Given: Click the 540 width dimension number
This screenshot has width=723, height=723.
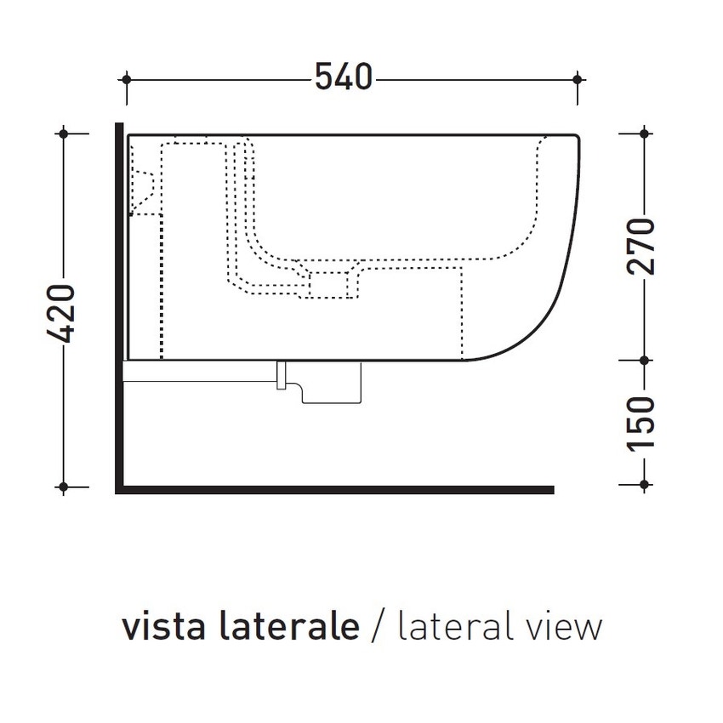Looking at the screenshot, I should tap(344, 78).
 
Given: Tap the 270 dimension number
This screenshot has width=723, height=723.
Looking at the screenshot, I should tap(644, 247).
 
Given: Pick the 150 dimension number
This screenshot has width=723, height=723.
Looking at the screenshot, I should tap(644, 424).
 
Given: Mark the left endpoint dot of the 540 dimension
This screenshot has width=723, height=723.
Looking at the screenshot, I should tap(126, 79).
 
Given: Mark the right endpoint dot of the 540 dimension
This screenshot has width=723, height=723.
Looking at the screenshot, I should tap(578, 79).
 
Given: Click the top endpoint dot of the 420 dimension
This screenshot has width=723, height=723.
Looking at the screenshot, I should tap(62, 134).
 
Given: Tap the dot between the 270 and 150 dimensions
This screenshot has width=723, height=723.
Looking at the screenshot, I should tap(644, 360).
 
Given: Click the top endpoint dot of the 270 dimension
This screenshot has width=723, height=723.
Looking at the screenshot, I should tap(644, 134).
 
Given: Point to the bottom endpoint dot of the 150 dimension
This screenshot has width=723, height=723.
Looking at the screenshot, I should tap(644, 487).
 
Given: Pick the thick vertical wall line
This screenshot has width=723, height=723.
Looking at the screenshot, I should tap(119, 306).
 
